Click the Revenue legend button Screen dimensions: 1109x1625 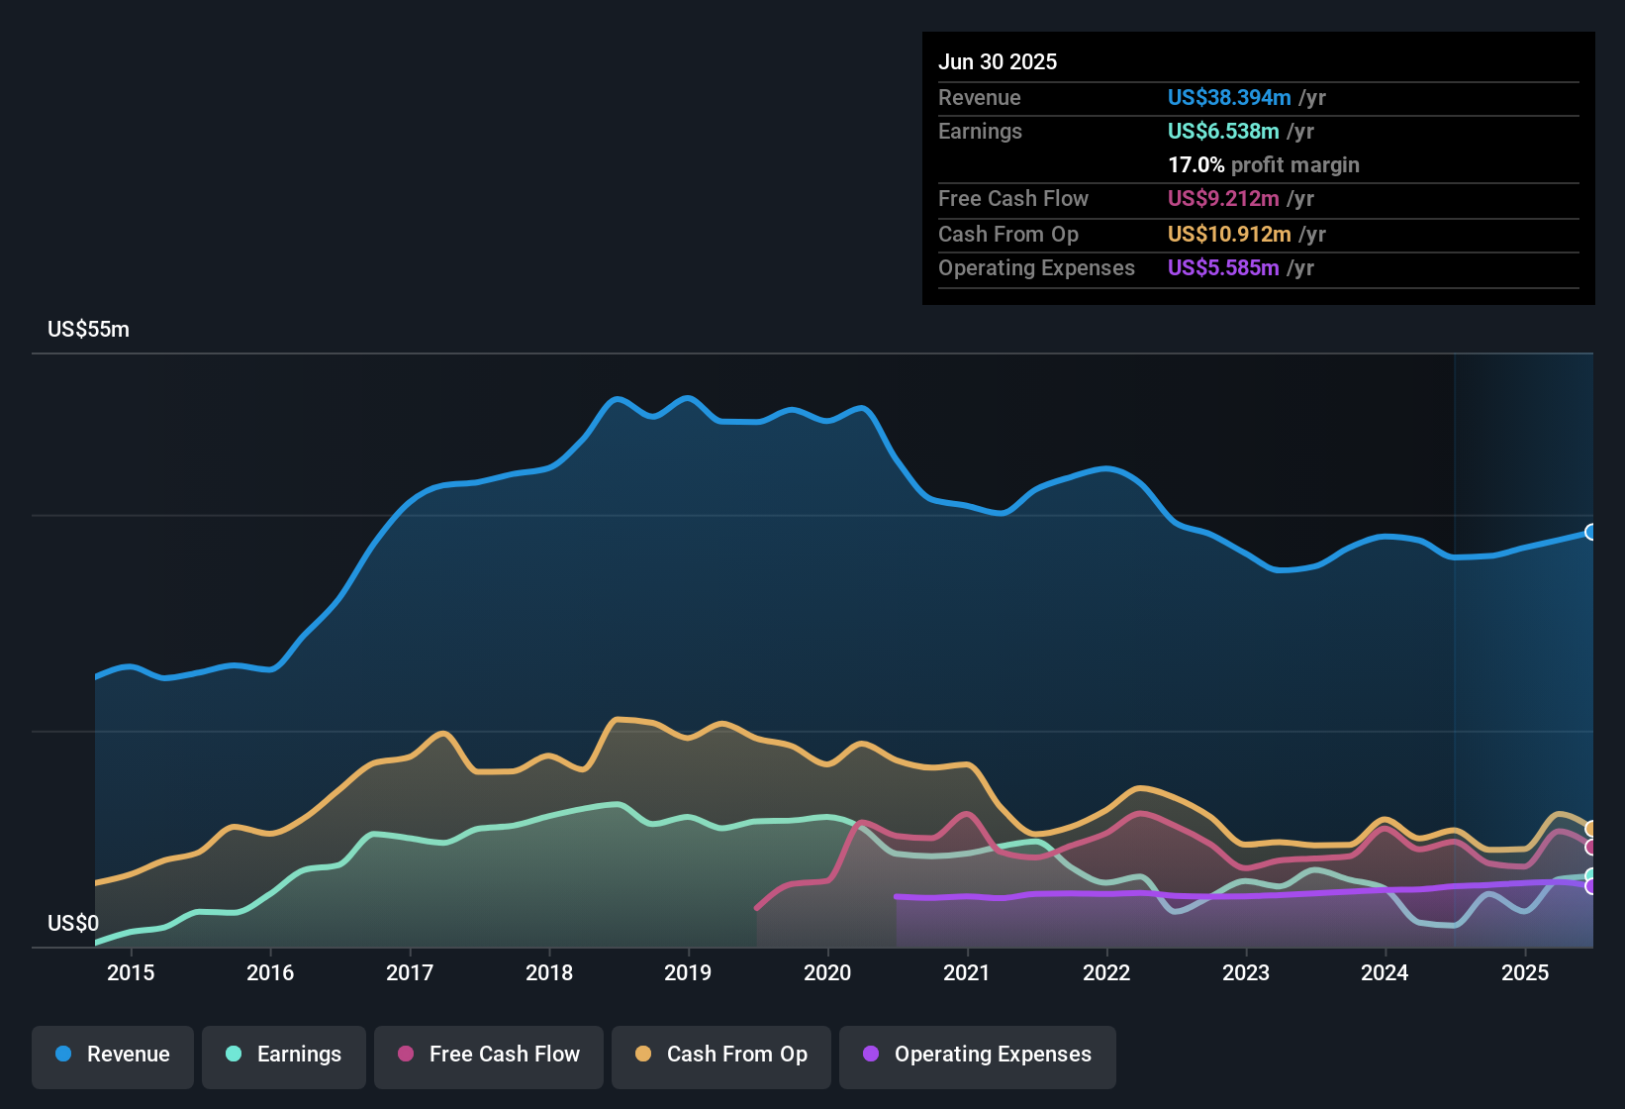[x=113, y=1055]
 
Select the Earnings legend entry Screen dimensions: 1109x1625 [x=284, y=1055]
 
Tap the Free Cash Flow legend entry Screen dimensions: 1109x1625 [x=489, y=1055]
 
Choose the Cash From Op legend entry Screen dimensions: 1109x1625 [x=721, y=1055]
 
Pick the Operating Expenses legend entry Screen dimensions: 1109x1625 [x=978, y=1055]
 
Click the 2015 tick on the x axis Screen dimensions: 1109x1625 [x=131, y=973]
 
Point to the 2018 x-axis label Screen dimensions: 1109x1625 [x=549, y=973]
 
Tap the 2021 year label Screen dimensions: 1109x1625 [x=967, y=973]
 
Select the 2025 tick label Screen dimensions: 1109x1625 [x=1525, y=973]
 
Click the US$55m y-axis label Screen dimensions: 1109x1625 [x=88, y=330]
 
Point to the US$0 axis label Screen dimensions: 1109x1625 [x=73, y=924]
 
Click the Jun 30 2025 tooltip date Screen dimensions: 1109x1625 [x=998, y=62]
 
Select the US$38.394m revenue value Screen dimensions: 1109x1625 [x=1229, y=98]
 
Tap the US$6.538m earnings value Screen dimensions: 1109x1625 [x=1223, y=132]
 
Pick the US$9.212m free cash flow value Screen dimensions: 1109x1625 [x=1223, y=199]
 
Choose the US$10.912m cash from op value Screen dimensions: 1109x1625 [x=1229, y=235]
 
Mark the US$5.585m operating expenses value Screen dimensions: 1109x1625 [x=1223, y=268]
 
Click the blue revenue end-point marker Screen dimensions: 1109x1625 [x=1591, y=533]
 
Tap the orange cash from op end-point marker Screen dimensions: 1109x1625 [x=1591, y=829]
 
